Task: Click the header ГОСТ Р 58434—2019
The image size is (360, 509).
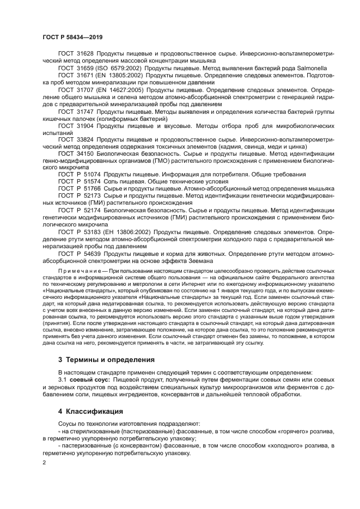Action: click(72, 36)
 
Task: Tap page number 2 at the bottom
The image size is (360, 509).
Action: click(45, 462)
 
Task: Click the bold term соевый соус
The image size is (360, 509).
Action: click(89, 379)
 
